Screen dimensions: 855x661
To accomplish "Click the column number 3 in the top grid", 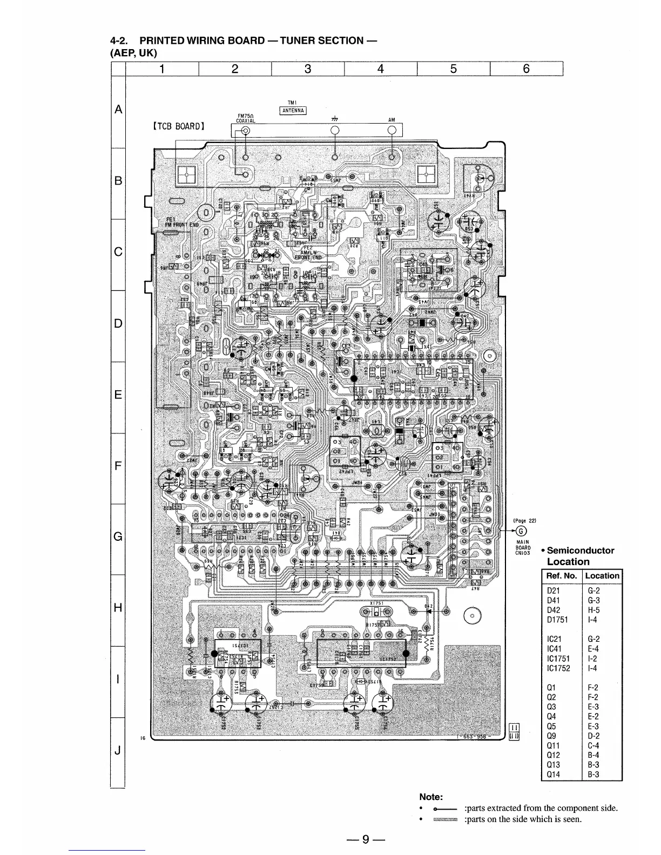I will [x=308, y=69].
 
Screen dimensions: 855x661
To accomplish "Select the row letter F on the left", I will [x=117, y=465].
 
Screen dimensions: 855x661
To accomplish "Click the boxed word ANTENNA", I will [x=292, y=112].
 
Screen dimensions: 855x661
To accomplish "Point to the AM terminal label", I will [x=392, y=120].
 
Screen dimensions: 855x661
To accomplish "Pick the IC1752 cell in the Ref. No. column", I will [x=559, y=668].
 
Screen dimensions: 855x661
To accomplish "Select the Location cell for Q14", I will [x=592, y=775].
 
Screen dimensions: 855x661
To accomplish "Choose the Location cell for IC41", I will [x=592, y=649].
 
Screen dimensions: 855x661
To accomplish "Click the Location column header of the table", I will [x=602, y=575].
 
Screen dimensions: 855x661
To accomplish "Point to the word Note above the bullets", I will [x=431, y=797].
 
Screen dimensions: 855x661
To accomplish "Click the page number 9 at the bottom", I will [x=366, y=839].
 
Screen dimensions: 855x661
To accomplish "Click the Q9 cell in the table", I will [x=552, y=736].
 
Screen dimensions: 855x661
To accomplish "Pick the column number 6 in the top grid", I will [x=526, y=69].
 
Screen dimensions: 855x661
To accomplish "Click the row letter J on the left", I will [x=117, y=750].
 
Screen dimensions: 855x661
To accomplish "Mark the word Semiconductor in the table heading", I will [x=581, y=551].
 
